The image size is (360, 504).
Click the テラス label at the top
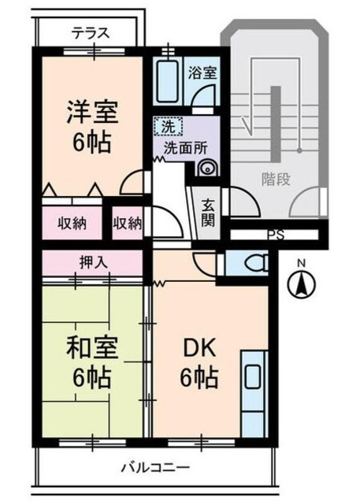tap(90, 33)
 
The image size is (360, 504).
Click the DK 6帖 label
tap(199, 363)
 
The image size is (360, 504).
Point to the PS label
tap(275, 234)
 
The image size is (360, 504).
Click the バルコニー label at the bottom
tap(155, 468)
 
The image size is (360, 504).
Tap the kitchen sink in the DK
tap(252, 377)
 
